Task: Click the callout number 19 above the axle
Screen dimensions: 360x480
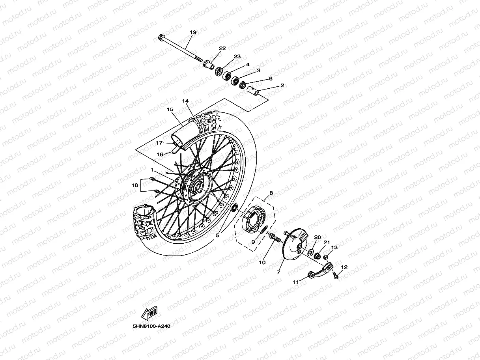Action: [x=192, y=32]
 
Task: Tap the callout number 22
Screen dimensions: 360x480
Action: [x=222, y=48]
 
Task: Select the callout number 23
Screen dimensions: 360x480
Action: [x=237, y=57]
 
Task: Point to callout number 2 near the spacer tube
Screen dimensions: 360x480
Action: [x=282, y=85]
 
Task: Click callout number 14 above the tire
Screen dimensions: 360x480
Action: [x=185, y=101]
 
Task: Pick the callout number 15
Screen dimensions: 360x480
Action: [x=170, y=109]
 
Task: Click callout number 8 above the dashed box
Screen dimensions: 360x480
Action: [x=271, y=194]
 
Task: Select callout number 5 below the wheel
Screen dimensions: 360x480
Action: [x=217, y=236]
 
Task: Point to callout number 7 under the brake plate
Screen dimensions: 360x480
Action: [x=279, y=272]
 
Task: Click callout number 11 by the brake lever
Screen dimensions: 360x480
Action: [x=296, y=282]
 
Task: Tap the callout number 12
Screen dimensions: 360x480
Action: [x=344, y=267]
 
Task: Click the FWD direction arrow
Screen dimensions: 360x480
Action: [x=149, y=314]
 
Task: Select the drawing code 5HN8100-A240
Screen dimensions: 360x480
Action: [x=151, y=326]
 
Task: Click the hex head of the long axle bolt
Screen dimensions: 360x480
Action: [x=162, y=38]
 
